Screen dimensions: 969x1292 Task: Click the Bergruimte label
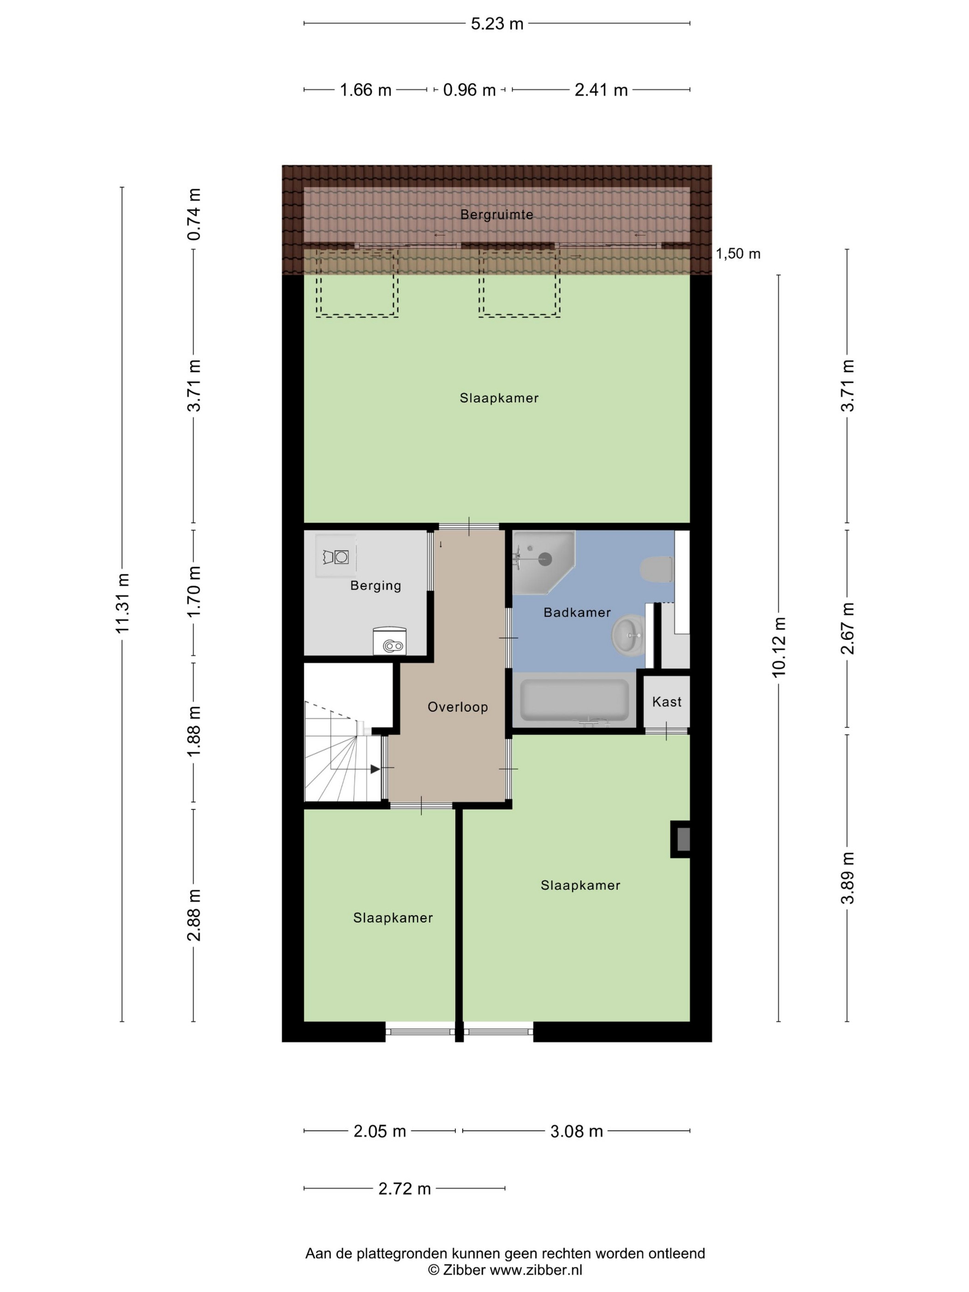point(496,215)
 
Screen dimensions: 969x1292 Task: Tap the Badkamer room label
point(577,612)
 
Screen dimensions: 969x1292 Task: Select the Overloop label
point(457,707)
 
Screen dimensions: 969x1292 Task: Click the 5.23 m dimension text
point(497,24)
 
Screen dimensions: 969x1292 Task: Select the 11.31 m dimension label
point(122,604)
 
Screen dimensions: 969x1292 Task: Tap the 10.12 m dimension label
point(778,646)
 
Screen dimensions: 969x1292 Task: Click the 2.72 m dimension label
point(404,1188)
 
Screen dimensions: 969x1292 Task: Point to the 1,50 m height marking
point(738,253)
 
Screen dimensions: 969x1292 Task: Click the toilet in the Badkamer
point(657,569)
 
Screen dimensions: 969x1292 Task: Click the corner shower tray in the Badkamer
point(543,562)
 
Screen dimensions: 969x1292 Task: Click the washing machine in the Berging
point(389,641)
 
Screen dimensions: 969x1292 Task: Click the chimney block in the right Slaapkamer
point(681,839)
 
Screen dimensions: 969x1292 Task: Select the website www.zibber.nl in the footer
point(536,1269)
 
